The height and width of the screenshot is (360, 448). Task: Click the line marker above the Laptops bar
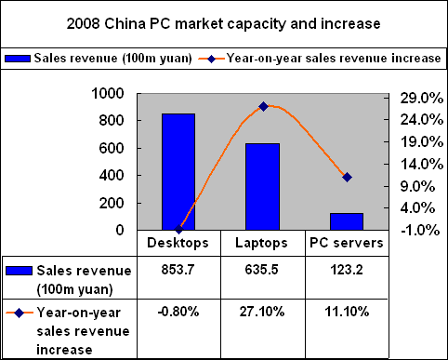click(x=263, y=107)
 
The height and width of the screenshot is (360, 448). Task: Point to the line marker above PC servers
click(x=347, y=177)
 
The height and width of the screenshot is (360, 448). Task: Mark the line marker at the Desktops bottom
click(x=178, y=230)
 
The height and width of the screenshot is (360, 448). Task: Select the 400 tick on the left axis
click(x=113, y=176)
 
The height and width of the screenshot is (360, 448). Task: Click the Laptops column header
click(x=263, y=243)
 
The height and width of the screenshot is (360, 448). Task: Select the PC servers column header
click(x=346, y=243)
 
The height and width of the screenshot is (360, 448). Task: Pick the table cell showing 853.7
click(x=178, y=269)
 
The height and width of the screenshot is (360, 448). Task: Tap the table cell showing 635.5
click(x=263, y=269)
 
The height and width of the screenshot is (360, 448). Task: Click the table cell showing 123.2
click(x=346, y=269)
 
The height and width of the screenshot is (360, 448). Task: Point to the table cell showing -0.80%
click(x=178, y=311)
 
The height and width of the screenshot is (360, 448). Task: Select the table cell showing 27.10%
click(x=263, y=311)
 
